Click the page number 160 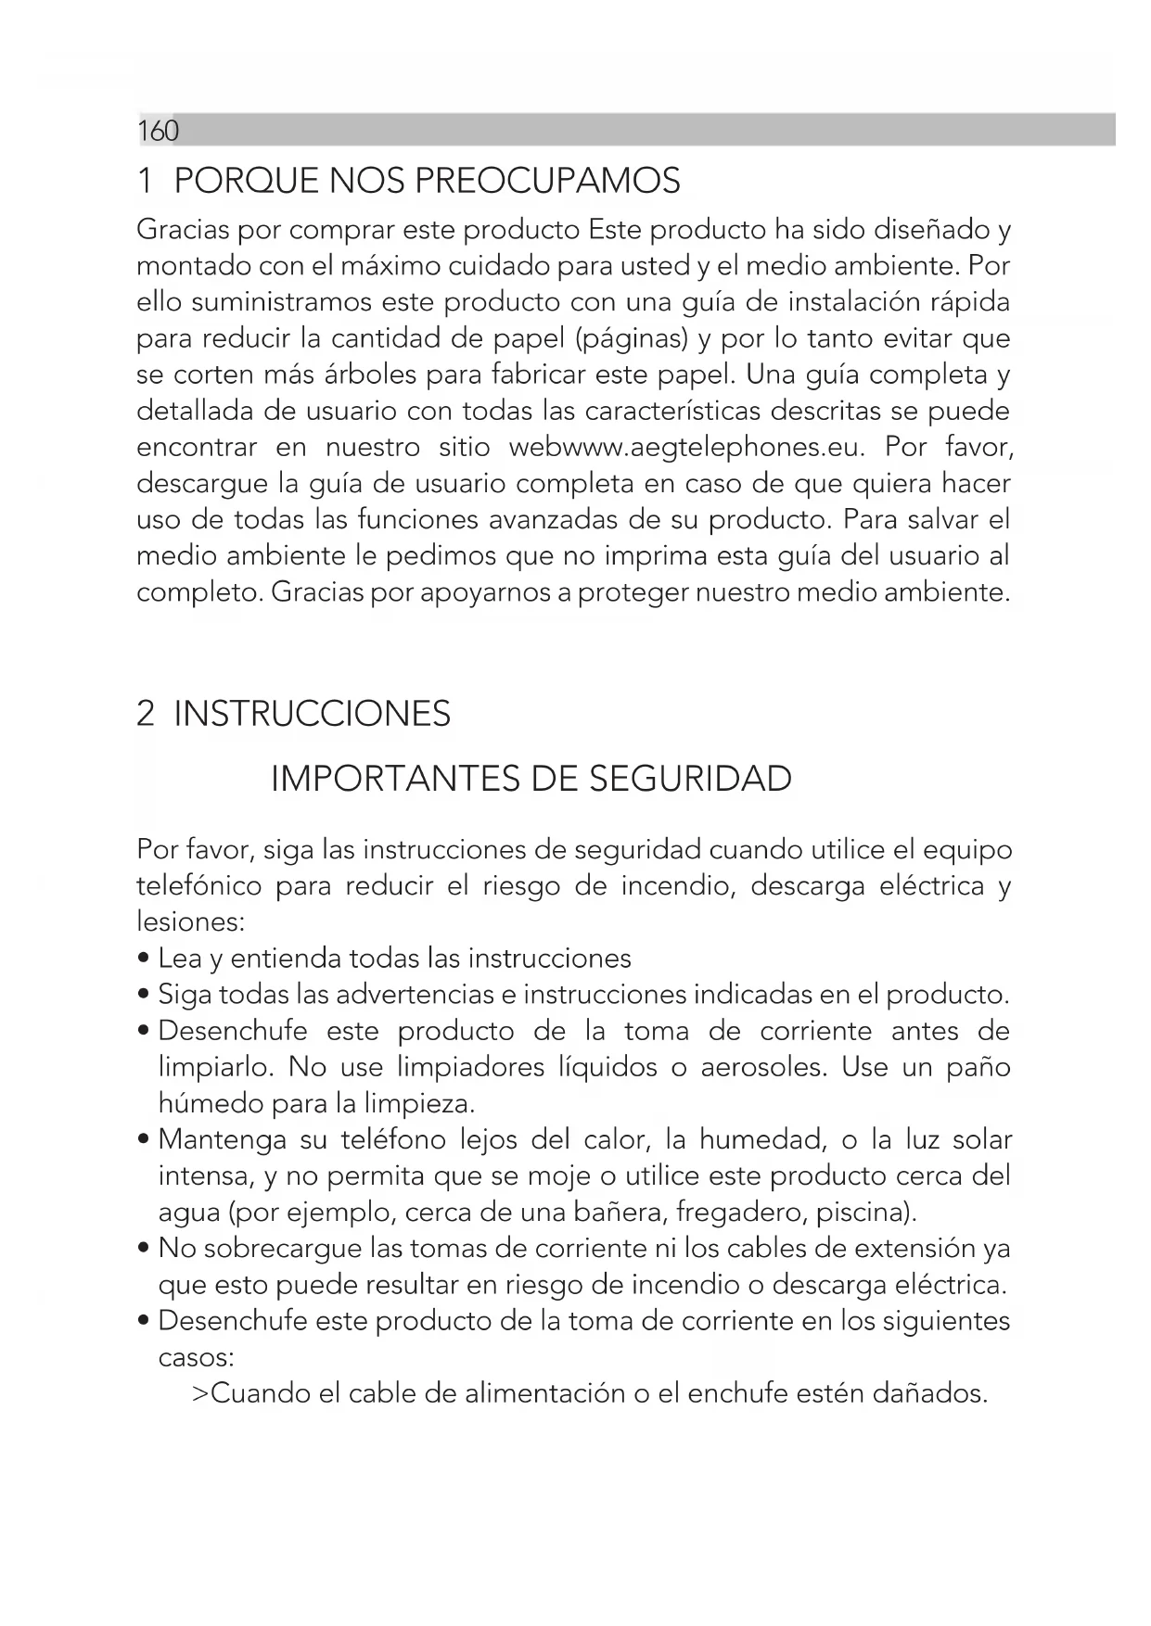tap(158, 132)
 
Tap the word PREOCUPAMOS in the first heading tap(547, 181)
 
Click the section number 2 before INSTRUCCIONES tap(145, 714)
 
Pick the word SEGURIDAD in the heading tap(690, 779)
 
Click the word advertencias tap(414, 995)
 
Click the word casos tap(195, 1357)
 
